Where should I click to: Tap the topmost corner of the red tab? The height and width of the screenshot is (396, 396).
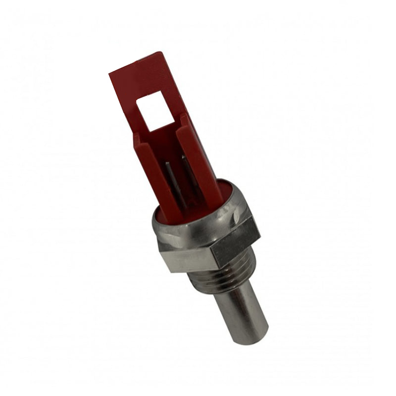[x=161, y=52]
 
